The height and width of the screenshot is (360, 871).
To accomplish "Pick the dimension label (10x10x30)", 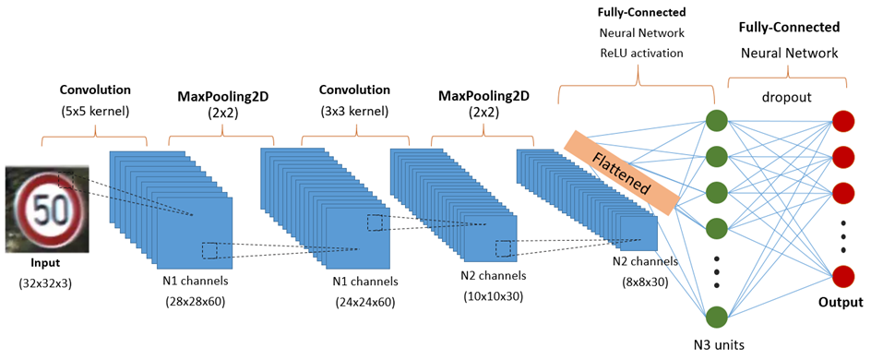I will pos(495,295).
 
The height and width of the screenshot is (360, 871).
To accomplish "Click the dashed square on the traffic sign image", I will pos(66,180).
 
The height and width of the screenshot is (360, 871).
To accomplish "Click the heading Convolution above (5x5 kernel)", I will pos(95,90).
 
